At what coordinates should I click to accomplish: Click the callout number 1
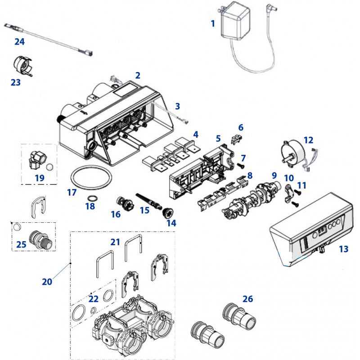click(x=213, y=23)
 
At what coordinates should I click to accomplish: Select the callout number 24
click(x=19, y=42)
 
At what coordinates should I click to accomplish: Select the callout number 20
click(x=47, y=282)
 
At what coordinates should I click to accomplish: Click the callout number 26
click(x=248, y=299)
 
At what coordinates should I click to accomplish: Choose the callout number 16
click(x=116, y=215)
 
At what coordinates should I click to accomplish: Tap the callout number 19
click(x=40, y=178)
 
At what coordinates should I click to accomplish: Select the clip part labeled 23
click(x=22, y=66)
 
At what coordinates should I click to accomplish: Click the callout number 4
click(x=195, y=134)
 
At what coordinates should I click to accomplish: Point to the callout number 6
click(x=241, y=128)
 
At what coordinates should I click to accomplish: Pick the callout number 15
click(x=144, y=209)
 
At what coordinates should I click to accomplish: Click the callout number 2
click(x=138, y=75)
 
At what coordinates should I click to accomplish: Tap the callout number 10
click(x=289, y=178)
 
